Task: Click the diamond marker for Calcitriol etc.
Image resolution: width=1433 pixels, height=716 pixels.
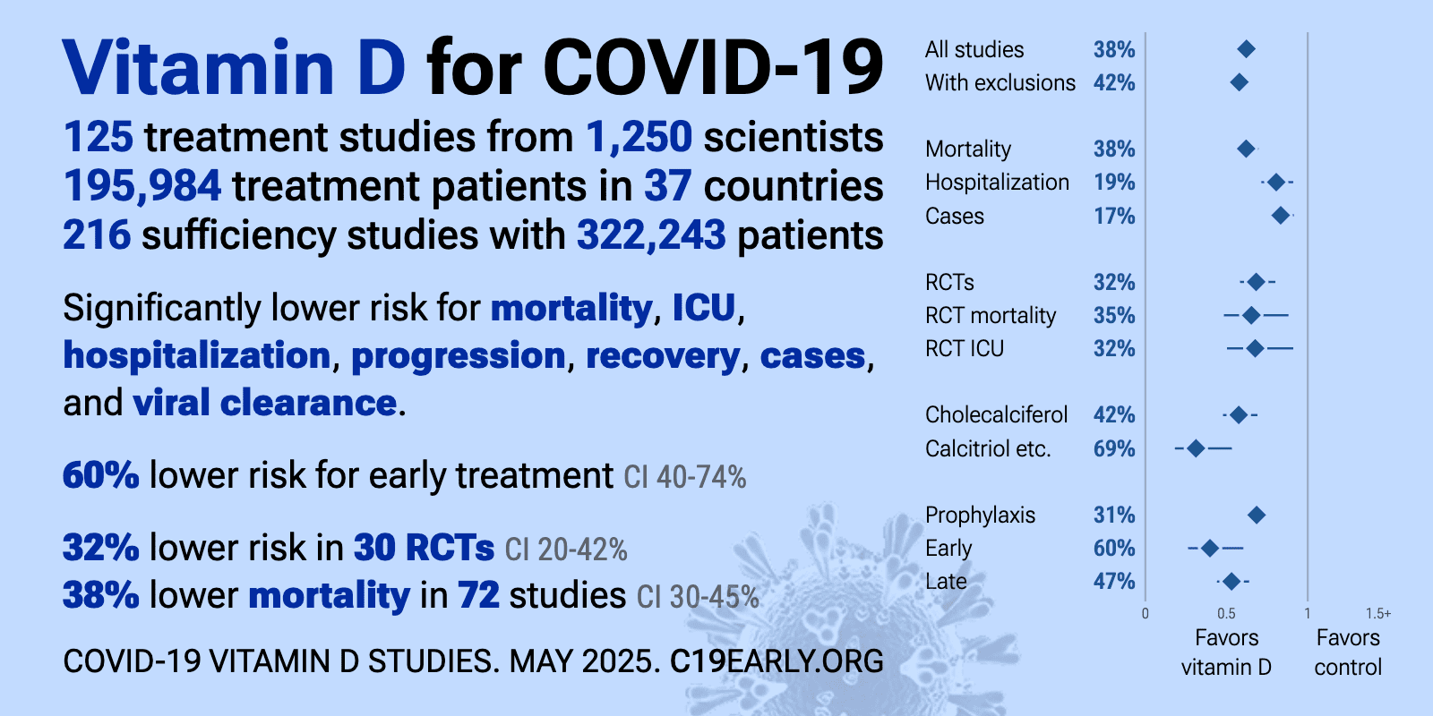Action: pyautogui.click(x=1196, y=448)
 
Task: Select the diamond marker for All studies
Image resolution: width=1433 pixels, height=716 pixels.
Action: pyautogui.click(x=1246, y=48)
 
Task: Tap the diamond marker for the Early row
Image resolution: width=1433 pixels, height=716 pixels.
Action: pyautogui.click(x=1209, y=548)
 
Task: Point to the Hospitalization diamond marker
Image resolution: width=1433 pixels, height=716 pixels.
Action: pyautogui.click(x=1276, y=183)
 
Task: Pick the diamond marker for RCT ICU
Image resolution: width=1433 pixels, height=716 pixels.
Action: pyautogui.click(x=1255, y=348)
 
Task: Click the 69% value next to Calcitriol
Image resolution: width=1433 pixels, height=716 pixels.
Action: pyautogui.click(x=1114, y=448)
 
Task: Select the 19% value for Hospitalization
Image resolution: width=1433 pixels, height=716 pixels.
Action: pyautogui.click(x=1114, y=183)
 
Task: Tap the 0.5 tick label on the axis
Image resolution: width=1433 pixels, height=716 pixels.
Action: pyautogui.click(x=1226, y=614)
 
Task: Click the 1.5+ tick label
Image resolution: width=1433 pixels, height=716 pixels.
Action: pyautogui.click(x=1378, y=614)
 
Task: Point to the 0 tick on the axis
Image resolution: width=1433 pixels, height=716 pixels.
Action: pyautogui.click(x=1146, y=614)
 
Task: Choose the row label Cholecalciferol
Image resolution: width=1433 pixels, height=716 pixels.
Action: pyautogui.click(x=996, y=415)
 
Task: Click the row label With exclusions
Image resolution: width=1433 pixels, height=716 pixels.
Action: pyautogui.click(x=1000, y=82)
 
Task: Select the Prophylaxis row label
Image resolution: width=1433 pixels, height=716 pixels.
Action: pyautogui.click(x=980, y=516)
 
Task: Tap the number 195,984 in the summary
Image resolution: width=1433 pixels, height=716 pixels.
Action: pyautogui.click(x=142, y=186)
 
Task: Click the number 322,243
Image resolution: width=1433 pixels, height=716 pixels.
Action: pyautogui.click(x=651, y=234)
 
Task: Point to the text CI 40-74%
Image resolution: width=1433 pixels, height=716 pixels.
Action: pyautogui.click(x=684, y=477)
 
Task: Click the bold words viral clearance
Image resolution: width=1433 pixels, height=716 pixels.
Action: pyautogui.click(x=265, y=403)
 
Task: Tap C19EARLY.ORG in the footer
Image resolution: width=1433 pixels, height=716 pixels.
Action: pyautogui.click(x=777, y=661)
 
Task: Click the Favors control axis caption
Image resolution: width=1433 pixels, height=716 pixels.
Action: pyautogui.click(x=1348, y=652)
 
